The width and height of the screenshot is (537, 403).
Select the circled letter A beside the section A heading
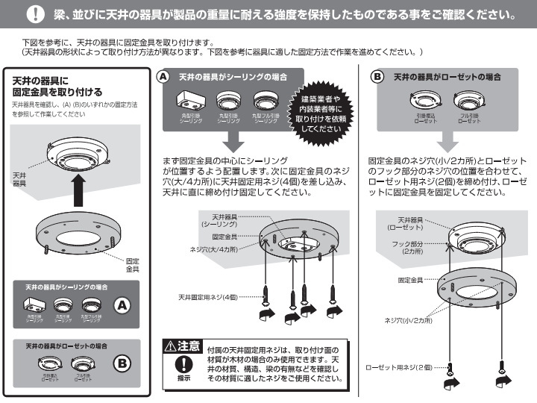pyautogui.click(x=163, y=77)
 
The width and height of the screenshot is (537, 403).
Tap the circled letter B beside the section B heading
pyautogui.click(x=378, y=77)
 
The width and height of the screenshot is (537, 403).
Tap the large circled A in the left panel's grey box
pyautogui.click(x=122, y=304)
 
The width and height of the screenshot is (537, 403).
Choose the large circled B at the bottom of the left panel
pyautogui.click(x=122, y=363)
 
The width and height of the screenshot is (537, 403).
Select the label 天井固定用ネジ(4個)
pyautogui.click(x=206, y=297)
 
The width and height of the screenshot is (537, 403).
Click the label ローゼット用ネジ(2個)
pyautogui.click(x=399, y=368)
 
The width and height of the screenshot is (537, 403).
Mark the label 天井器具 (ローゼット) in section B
pyautogui.click(x=411, y=224)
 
